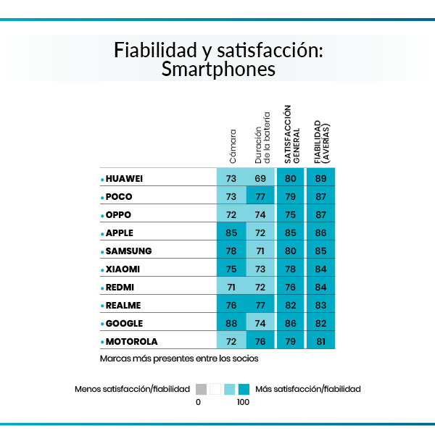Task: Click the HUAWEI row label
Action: click(x=125, y=178)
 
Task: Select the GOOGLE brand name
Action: click(x=124, y=323)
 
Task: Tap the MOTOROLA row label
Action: click(x=131, y=341)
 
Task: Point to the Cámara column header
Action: click(x=232, y=145)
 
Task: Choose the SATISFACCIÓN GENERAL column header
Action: click(x=291, y=133)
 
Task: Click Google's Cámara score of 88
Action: click(x=231, y=323)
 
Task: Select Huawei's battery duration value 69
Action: click(x=261, y=178)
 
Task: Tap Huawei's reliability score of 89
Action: click(x=320, y=178)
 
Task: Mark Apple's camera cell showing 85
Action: click(x=231, y=233)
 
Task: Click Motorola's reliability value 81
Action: click(x=320, y=341)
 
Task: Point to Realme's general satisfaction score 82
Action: click(x=291, y=305)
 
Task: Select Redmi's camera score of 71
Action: click(x=231, y=287)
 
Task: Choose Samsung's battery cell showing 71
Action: click(x=261, y=251)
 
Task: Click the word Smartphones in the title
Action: click(x=218, y=70)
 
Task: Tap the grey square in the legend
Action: click(x=201, y=388)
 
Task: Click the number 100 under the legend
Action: click(x=243, y=402)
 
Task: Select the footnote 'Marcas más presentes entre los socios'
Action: click(x=179, y=358)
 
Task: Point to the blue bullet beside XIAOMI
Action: click(x=102, y=269)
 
